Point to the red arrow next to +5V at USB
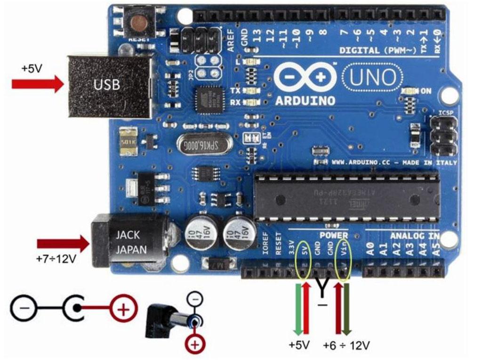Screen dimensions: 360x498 [38, 85]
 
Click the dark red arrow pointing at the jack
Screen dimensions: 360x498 [64, 244]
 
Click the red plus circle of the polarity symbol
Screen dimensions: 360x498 [123, 310]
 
